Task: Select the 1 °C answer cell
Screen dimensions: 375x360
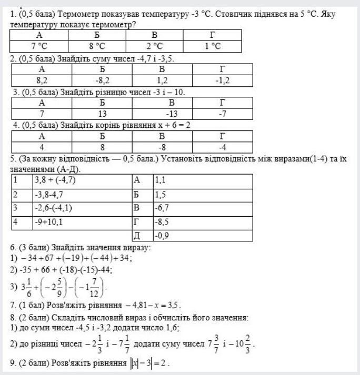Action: point(212,46)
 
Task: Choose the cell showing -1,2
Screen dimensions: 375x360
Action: point(222,80)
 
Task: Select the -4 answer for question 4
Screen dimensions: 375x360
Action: point(222,147)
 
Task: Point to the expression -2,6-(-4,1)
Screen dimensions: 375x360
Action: point(53,208)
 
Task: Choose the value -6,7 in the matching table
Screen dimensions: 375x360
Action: point(161,208)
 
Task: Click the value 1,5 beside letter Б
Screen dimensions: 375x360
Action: point(160,194)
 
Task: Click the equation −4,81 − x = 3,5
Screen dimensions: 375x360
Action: point(153,305)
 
